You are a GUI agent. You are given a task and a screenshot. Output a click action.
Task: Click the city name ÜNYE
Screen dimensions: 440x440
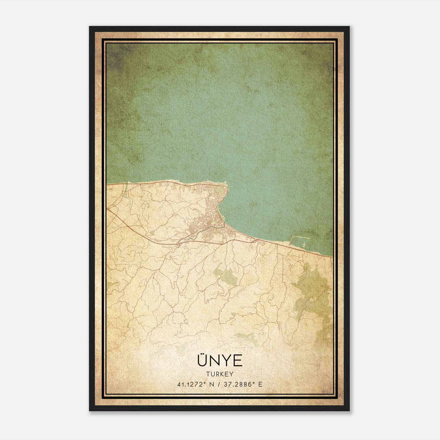(x=220, y=361)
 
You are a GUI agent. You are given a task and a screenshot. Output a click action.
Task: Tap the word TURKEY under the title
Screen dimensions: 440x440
(x=220, y=374)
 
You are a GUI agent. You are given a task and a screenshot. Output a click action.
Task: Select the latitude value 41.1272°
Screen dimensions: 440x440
(x=192, y=384)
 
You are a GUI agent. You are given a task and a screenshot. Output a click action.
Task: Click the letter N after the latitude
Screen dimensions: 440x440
(x=211, y=384)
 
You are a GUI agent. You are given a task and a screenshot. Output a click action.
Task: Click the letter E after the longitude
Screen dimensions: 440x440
(x=260, y=384)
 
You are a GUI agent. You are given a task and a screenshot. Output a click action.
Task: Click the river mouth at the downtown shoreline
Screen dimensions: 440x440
(x=224, y=227)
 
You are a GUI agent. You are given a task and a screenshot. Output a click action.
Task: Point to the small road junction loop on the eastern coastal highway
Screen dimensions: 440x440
(x=254, y=241)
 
